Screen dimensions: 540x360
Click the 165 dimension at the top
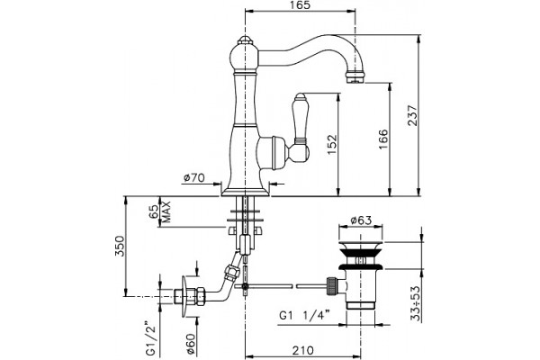301,4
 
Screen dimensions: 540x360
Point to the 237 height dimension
413,115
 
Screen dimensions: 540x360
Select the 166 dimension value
383,139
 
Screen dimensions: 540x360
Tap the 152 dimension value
331,144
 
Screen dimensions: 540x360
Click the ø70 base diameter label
194,178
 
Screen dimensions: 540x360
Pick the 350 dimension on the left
120,246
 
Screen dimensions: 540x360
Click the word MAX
166,211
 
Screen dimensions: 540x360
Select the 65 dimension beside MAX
154,211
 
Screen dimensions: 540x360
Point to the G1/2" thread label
150,338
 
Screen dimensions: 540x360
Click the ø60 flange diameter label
192,344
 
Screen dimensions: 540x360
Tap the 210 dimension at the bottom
303,350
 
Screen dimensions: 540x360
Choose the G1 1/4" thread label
304,315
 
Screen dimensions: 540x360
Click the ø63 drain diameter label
361,220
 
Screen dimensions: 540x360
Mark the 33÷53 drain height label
417,303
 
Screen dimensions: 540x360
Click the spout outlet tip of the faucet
355,79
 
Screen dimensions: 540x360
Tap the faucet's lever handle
301,128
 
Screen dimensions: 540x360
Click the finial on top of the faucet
245,39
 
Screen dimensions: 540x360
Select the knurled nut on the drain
331,285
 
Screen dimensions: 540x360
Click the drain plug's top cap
361,247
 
